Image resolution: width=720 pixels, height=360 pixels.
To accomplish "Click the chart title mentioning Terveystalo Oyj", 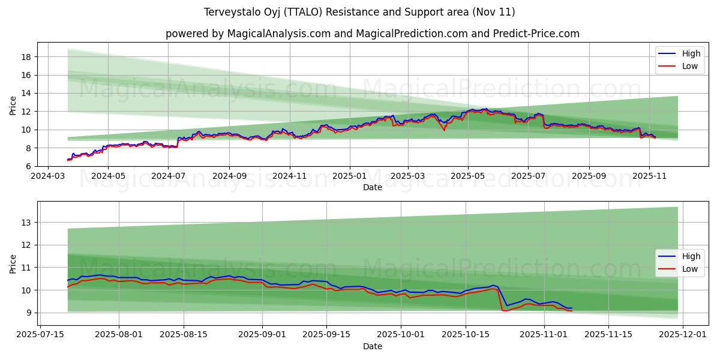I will [359, 12].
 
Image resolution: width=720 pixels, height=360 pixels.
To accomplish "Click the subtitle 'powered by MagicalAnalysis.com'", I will [372, 34].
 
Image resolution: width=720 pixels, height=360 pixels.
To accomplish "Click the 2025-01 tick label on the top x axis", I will [349, 176].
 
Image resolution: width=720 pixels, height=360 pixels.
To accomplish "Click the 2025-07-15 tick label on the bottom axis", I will [40, 335].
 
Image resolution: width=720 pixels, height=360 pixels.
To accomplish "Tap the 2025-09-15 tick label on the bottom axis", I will [326, 335].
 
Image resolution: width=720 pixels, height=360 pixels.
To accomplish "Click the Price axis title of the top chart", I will [13, 104].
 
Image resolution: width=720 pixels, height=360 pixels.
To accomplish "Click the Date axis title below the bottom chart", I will [372, 346].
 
